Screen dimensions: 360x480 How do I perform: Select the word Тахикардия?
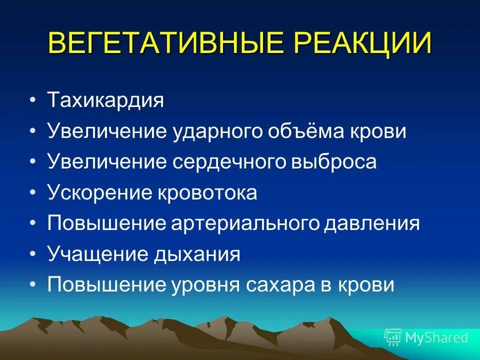(x=105, y=100)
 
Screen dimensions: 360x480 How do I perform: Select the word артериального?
(x=247, y=223)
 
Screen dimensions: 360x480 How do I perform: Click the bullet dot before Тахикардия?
(x=32, y=101)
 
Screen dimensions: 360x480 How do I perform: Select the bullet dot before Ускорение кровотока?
(x=32, y=193)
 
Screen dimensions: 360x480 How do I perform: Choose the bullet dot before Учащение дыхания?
(x=32, y=255)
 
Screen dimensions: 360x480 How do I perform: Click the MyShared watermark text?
(x=436, y=337)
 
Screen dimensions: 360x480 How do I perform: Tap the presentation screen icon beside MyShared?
(x=393, y=337)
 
